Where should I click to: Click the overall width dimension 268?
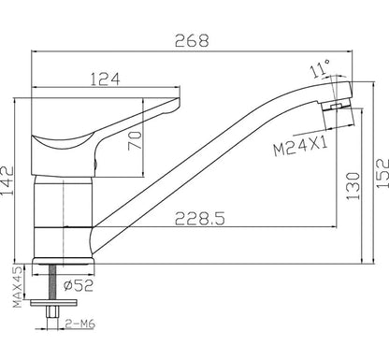pos(192,40)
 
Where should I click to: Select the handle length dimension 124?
pos(105,79)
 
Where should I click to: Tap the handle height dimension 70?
pos(135,140)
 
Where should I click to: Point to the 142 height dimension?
pos(7,180)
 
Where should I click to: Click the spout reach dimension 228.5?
pos(200,219)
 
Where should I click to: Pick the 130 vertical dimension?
pos(353,186)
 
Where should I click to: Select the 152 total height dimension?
pos(382,173)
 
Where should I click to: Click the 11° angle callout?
pos(320,69)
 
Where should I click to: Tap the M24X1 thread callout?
pos(300,148)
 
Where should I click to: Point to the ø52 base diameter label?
pos(79,285)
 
